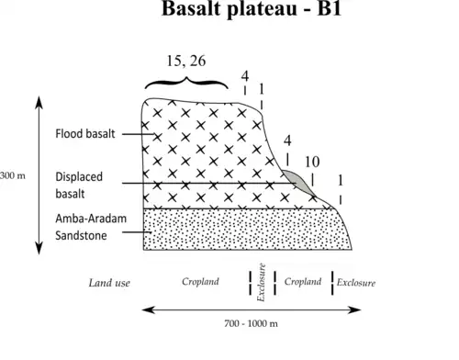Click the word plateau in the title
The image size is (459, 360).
click(263, 9)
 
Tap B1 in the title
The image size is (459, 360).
click(330, 8)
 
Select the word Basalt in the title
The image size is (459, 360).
click(192, 8)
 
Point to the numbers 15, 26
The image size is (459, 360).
click(186, 61)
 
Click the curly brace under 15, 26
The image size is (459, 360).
click(186, 83)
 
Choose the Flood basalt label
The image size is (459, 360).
click(85, 134)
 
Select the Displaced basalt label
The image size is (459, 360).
click(79, 186)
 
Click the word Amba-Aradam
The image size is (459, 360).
click(91, 219)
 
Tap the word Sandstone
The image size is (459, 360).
click(81, 235)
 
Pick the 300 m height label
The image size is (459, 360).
click(13, 175)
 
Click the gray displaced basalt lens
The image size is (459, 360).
click(297, 181)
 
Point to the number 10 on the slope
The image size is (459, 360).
click(312, 162)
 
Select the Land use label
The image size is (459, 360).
click(109, 283)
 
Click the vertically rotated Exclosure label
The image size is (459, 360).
click(261, 283)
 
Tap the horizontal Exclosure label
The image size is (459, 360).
click(356, 282)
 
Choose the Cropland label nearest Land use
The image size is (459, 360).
click(200, 281)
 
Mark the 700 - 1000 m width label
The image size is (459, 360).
click(251, 323)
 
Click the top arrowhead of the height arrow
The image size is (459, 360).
click(39, 101)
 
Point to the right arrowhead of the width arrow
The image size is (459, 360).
click(355, 309)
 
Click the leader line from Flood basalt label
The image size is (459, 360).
click(139, 134)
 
